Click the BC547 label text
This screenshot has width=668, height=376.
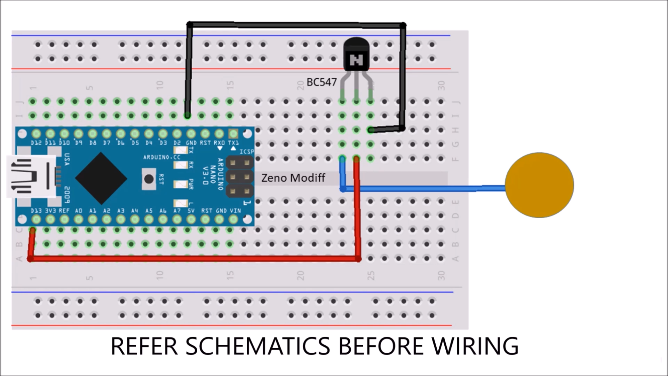[321, 82]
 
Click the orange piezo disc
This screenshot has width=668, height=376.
[539, 185]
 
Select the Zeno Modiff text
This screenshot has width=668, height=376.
[293, 178]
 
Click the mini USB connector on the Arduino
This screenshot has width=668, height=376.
[31, 177]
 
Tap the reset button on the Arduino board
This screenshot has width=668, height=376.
[149, 179]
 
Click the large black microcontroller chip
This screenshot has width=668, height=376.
[101, 178]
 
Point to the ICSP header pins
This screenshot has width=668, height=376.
[240, 177]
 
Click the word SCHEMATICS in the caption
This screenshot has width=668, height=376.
[257, 346]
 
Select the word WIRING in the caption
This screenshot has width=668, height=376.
[475, 346]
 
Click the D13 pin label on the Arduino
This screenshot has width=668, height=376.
[36, 211]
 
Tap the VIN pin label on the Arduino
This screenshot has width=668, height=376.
[235, 211]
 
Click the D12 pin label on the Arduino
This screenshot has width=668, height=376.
[36, 143]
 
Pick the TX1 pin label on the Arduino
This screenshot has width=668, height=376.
[233, 143]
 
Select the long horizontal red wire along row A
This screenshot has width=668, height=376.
[195, 259]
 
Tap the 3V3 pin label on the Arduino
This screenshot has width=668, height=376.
[50, 211]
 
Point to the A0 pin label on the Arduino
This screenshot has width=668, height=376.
[79, 211]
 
